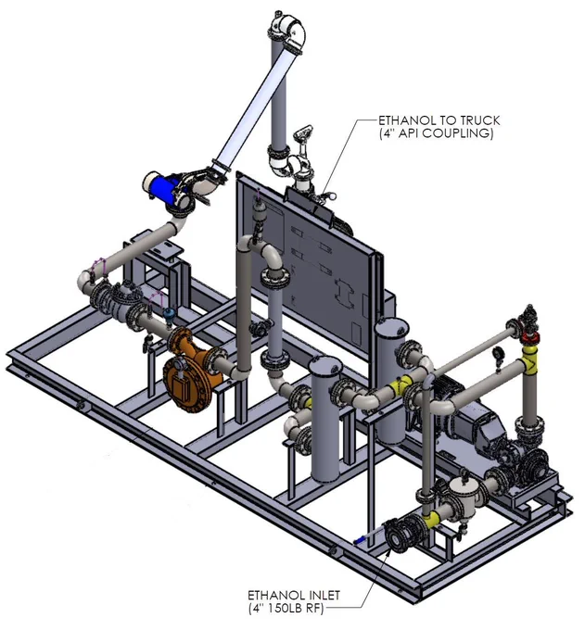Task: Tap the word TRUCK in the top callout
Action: tap(480, 120)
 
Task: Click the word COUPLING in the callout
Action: tap(464, 133)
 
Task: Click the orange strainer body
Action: tap(197, 370)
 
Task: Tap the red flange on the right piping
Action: tap(529, 337)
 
